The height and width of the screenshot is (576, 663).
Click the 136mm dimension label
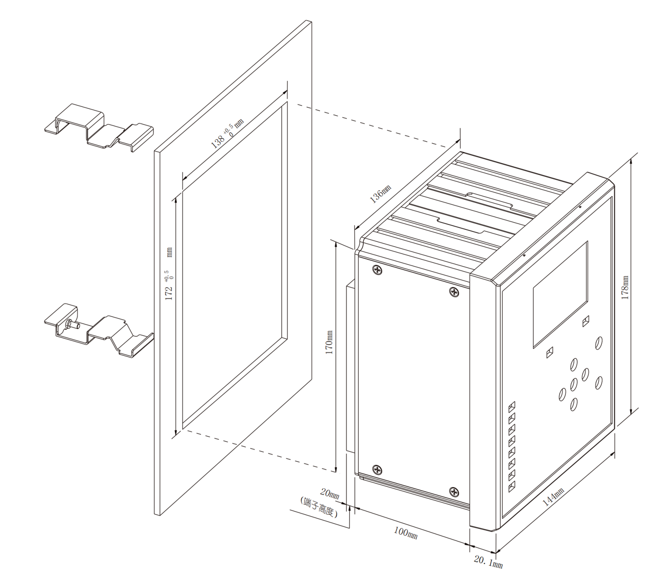[380, 194]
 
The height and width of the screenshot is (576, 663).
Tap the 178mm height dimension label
[625, 288]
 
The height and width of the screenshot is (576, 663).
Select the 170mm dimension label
[329, 342]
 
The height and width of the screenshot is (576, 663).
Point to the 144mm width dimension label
[553, 497]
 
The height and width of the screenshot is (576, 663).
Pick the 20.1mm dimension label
[488, 562]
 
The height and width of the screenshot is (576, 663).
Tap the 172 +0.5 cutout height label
[169, 274]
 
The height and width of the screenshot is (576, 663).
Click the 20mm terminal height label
[330, 493]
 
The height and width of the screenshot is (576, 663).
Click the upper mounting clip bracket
[98, 127]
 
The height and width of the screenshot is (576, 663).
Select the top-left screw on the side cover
[377, 269]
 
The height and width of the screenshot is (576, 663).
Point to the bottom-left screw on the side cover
[377, 469]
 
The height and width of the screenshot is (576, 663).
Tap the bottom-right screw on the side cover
[454, 492]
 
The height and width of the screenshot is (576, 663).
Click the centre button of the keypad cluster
[573, 384]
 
